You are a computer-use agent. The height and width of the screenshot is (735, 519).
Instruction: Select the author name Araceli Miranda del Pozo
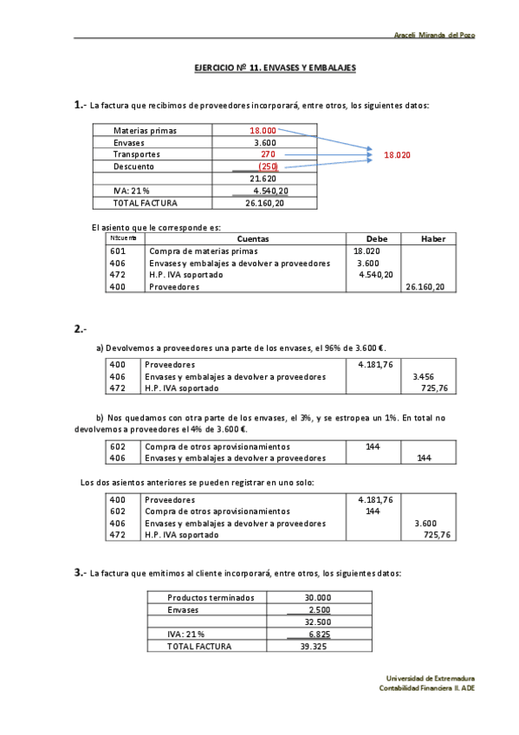click(x=434, y=35)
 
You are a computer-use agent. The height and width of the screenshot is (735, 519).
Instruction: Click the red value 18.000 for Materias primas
click(x=263, y=131)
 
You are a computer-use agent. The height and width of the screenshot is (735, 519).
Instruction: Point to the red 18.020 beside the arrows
click(x=397, y=154)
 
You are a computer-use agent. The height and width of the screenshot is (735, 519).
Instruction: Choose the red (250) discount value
click(x=268, y=166)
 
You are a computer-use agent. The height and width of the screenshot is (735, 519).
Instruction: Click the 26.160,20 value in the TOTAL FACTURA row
click(x=264, y=203)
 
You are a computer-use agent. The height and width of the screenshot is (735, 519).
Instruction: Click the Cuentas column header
click(x=252, y=238)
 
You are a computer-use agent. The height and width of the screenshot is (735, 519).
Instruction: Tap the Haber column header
click(x=432, y=238)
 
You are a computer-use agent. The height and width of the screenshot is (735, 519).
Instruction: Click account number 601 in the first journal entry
click(x=119, y=250)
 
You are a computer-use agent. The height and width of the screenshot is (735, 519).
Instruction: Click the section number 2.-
click(x=80, y=328)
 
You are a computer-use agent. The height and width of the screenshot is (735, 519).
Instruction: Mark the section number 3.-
click(x=80, y=573)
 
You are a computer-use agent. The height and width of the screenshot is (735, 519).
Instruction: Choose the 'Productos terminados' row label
click(x=211, y=597)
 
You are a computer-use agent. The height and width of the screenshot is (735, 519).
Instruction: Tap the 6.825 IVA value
click(x=318, y=634)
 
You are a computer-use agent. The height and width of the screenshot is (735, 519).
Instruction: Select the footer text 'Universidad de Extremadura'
click(x=431, y=678)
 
